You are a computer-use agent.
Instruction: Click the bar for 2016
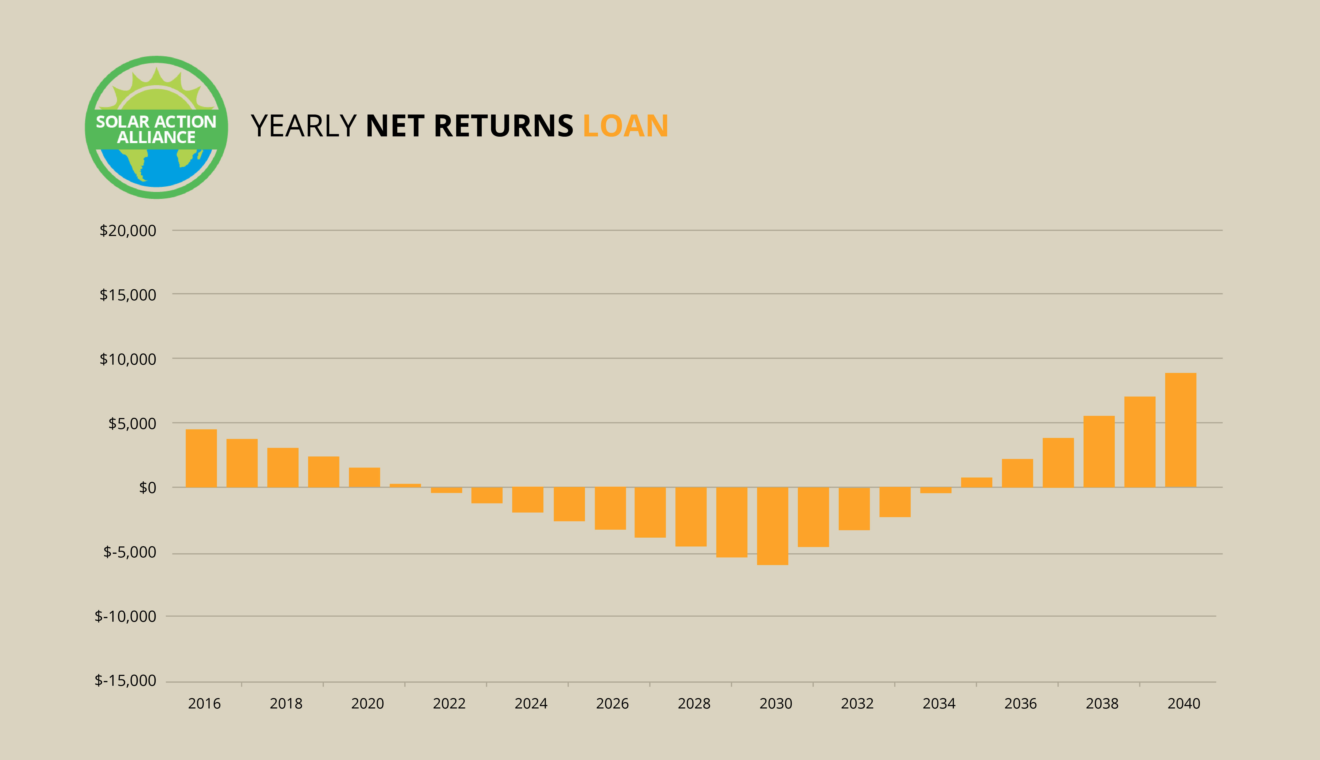201,458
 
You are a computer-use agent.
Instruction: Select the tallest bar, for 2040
1181,430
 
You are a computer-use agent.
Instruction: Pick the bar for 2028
691,517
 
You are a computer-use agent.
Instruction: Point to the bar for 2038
1099,451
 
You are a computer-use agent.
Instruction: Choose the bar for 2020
365,478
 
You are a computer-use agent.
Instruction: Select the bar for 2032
854,509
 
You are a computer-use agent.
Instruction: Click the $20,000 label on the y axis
128,231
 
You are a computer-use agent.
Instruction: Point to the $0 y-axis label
147,487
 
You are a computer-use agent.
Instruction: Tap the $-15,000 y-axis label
125,681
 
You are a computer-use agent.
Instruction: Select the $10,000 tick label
128,359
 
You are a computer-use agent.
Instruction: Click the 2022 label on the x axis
449,704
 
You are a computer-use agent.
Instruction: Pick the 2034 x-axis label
939,704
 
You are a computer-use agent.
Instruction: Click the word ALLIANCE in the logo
156,137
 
